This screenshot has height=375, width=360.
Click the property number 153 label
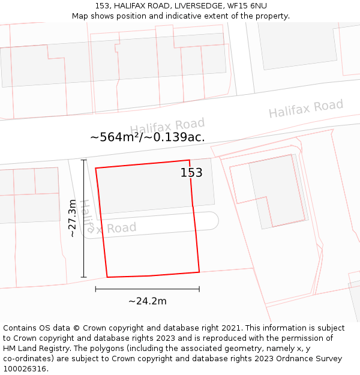191,173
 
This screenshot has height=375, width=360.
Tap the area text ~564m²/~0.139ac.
148,137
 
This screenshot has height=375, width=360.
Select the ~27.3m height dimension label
73,218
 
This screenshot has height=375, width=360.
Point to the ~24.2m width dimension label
148,301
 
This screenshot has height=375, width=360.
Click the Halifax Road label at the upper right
305,109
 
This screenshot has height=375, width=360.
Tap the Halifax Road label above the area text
167,127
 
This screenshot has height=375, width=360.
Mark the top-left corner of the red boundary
96,168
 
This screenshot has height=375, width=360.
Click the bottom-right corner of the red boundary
199,272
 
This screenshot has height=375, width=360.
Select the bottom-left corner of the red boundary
107,277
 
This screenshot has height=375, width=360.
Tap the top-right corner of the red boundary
190,160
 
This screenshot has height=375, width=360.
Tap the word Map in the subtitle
80,16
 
